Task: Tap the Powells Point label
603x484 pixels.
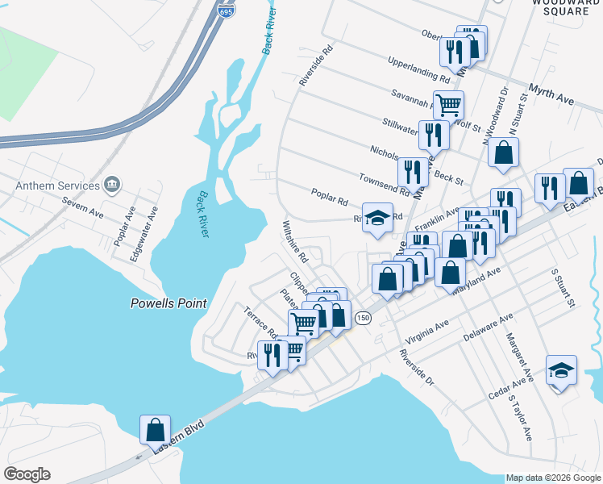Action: [169, 304]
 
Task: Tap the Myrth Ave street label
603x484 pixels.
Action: [551, 94]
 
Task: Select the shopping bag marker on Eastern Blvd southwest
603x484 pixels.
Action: [155, 429]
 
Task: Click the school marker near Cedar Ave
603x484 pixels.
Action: [561, 370]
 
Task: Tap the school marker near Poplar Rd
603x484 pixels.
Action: [377, 217]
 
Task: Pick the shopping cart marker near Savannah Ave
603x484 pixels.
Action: [448, 104]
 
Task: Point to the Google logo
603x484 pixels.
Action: [27, 474]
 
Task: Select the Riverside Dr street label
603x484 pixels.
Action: [418, 367]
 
